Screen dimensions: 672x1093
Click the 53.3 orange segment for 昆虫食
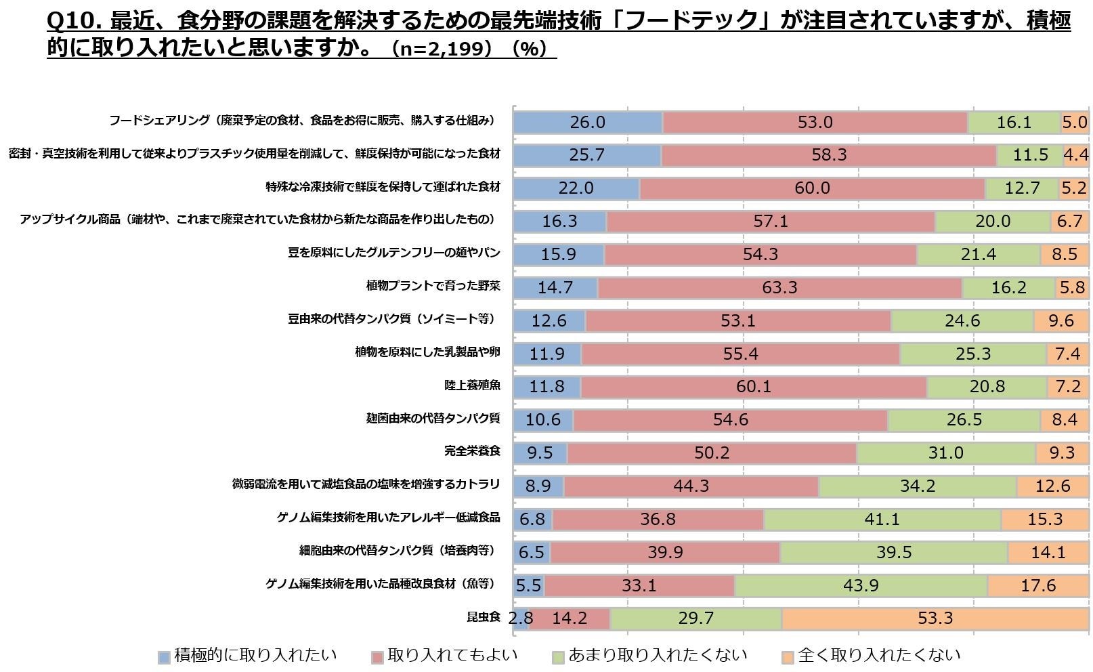tap(935, 618)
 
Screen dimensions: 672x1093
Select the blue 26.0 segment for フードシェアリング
tap(587, 123)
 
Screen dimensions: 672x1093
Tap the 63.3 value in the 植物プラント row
tap(779, 288)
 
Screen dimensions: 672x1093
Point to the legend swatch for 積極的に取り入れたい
tap(164, 657)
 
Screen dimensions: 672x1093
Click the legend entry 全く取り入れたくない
tap(879, 656)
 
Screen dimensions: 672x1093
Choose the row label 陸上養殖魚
tap(472, 385)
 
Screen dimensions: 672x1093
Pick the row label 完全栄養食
tap(472, 451)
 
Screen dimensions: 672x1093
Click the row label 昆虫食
tap(483, 617)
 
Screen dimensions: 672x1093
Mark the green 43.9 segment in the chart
tap(861, 585)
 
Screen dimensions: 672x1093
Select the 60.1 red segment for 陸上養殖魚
tap(753, 387)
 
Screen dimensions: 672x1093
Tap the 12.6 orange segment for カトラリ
tap(1052, 486)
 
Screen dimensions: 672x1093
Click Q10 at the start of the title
tap(74, 22)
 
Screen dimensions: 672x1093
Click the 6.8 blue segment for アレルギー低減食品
tap(532, 520)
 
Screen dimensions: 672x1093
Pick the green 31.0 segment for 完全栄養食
tap(945, 453)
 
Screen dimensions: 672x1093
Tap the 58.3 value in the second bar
tap(829, 155)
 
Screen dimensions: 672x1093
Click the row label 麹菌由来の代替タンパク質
tap(433, 419)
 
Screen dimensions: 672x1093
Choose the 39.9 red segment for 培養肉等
tap(665, 553)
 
